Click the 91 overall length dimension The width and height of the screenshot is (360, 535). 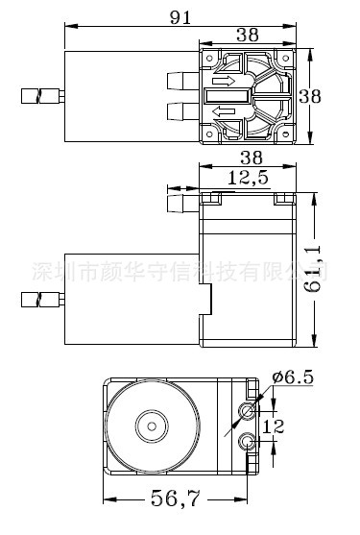[180, 17]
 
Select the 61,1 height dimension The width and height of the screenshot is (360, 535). [313, 269]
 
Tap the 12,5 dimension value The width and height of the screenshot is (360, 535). [248, 178]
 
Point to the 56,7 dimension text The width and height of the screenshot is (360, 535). [175, 499]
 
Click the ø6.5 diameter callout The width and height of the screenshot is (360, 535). [293, 377]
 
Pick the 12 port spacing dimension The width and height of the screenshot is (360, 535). [274, 426]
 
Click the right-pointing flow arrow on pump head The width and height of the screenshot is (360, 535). [224, 81]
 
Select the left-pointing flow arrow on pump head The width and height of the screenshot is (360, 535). [224, 111]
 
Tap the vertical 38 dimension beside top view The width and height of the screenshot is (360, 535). [310, 96]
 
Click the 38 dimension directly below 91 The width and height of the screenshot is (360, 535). [248, 35]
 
